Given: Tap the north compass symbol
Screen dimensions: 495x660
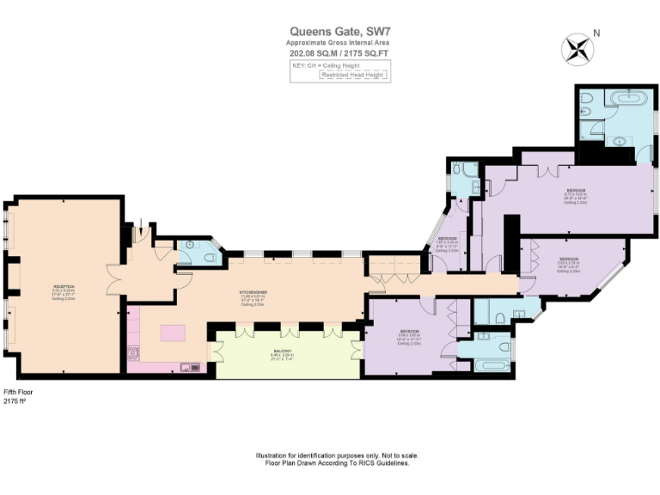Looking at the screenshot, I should click(x=577, y=47).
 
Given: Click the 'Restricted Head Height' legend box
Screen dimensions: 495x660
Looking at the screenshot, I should click(x=355, y=76).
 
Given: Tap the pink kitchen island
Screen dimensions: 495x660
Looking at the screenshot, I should click(x=174, y=333).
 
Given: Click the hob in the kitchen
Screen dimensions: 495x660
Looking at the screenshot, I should click(x=132, y=352).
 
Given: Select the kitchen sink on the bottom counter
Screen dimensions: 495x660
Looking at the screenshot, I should click(x=189, y=368).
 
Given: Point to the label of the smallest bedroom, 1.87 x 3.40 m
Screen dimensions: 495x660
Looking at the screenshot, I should click(x=447, y=243).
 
